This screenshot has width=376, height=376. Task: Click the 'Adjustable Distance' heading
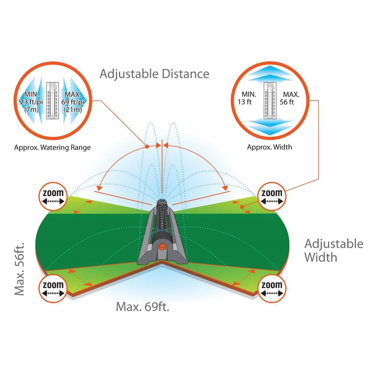[x=154, y=74]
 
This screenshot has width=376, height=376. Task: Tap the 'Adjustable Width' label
[x=334, y=250]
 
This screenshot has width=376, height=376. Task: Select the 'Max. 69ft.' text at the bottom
[x=143, y=307]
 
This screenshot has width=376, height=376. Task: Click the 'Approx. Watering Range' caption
[x=52, y=147]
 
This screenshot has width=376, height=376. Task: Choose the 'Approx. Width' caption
[x=269, y=147]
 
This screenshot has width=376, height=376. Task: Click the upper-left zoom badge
[x=52, y=198]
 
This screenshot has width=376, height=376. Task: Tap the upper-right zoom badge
[x=271, y=196]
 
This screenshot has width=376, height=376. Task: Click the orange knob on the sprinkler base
[x=162, y=247]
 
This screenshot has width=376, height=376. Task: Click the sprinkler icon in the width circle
[x=270, y=101]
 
